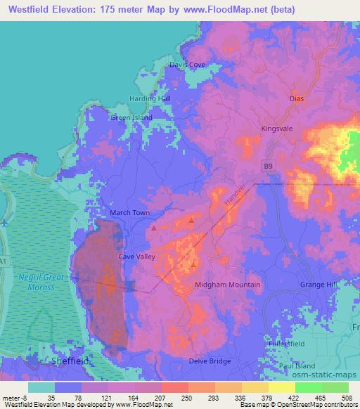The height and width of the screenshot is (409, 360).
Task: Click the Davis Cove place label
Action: [188, 65]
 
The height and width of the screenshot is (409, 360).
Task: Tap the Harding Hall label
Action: [150, 98]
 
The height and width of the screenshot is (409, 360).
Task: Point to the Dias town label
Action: [297, 98]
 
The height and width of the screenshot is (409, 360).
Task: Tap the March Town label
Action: [130, 212]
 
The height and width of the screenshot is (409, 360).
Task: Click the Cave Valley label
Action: [136, 257]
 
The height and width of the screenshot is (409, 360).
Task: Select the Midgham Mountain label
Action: [227, 285]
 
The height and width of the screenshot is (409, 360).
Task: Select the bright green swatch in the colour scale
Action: [308, 387]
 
